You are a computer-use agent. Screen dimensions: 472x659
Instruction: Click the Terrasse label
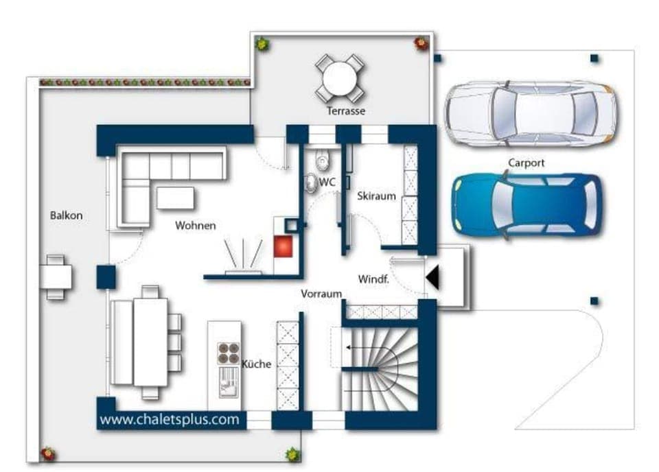pyautogui.click(x=346, y=110)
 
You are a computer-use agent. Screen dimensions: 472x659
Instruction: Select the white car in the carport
pyautogui.click(x=529, y=113)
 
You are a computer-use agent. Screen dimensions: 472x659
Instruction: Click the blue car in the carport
pyautogui.click(x=525, y=205)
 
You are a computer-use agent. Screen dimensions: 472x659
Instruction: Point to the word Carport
pyautogui.click(x=527, y=163)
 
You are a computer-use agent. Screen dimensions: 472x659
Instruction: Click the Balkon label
pyautogui.click(x=66, y=215)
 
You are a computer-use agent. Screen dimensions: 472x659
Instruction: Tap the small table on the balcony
pyautogui.click(x=56, y=276)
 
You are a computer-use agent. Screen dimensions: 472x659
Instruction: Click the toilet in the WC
pyautogui.click(x=321, y=160)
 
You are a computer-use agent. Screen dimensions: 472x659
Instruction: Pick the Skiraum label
pyautogui.click(x=377, y=196)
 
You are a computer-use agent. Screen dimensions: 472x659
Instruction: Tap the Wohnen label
pyautogui.click(x=195, y=226)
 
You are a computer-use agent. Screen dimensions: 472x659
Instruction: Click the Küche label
pyautogui.click(x=256, y=364)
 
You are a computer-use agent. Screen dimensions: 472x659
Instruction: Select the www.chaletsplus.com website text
pyautogui.click(x=170, y=418)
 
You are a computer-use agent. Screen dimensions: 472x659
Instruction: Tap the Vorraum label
pyautogui.click(x=321, y=294)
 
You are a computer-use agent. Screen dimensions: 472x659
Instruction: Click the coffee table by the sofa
pyautogui.click(x=175, y=198)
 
